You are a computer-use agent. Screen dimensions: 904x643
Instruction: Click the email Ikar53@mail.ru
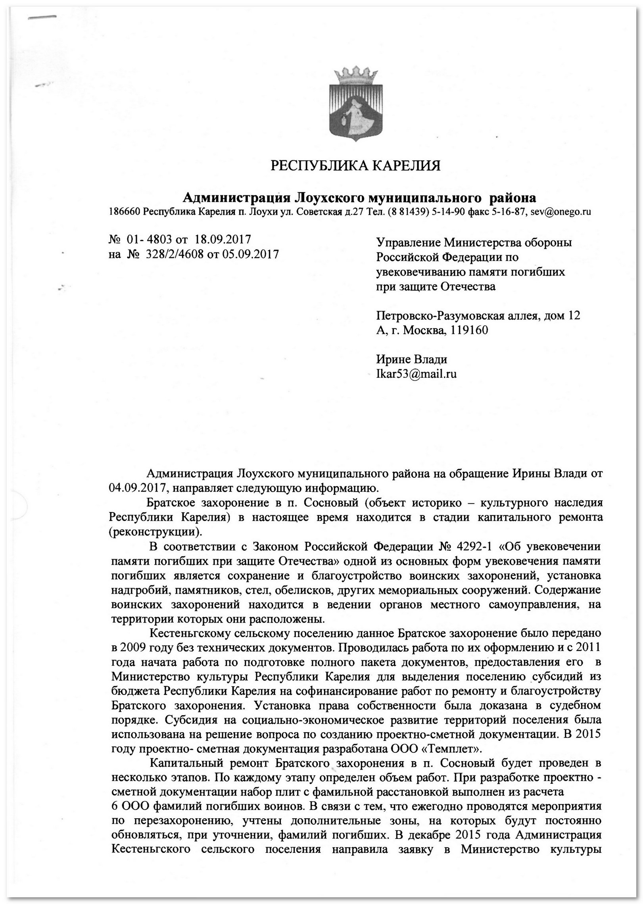[x=416, y=374]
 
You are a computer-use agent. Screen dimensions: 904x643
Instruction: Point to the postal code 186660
[x=125, y=212]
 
